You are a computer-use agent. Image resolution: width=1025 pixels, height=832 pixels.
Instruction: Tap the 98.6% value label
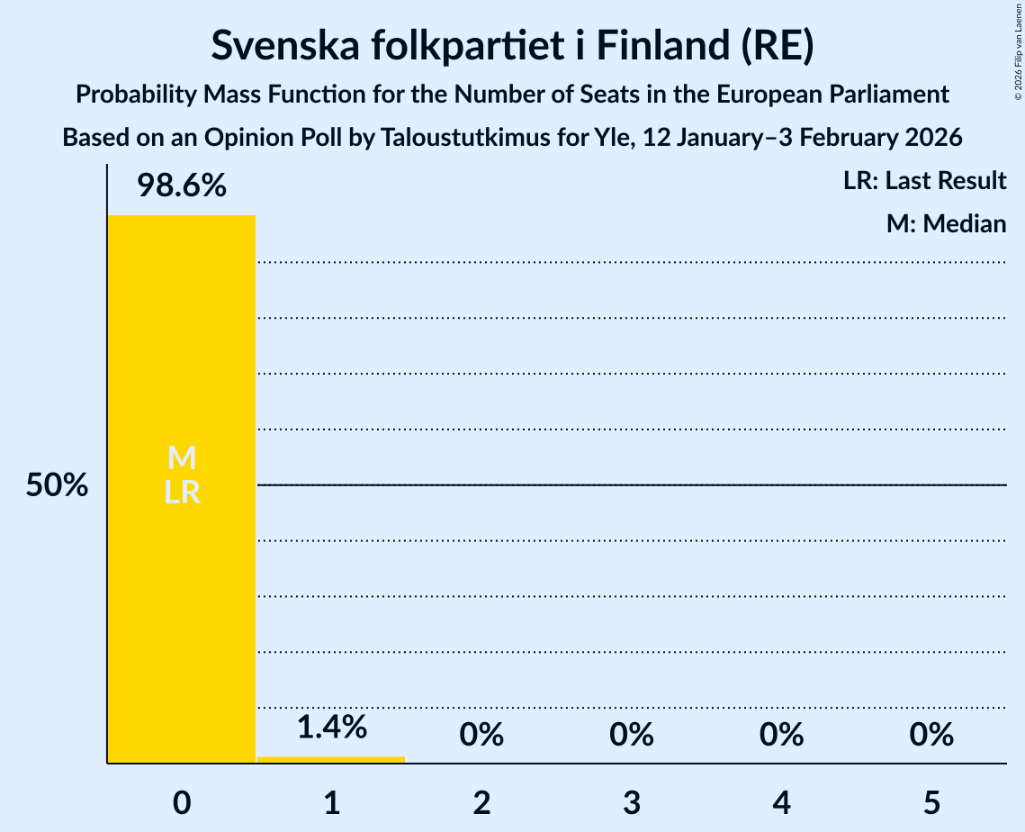(x=181, y=186)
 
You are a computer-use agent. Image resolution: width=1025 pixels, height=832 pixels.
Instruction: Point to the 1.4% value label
(x=331, y=726)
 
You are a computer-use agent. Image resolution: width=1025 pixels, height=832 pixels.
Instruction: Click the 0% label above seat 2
(x=481, y=735)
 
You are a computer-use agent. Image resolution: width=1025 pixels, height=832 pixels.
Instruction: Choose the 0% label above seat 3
(x=631, y=735)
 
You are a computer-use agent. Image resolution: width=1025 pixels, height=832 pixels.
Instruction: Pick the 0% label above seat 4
(x=781, y=735)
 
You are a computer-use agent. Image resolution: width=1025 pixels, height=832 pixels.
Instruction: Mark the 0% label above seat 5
(x=931, y=735)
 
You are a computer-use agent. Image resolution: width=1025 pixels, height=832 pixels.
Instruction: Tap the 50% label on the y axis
(x=57, y=486)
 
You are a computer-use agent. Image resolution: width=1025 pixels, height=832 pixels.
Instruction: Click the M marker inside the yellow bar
(x=182, y=458)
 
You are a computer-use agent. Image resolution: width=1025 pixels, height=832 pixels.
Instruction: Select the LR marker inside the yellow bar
(x=182, y=493)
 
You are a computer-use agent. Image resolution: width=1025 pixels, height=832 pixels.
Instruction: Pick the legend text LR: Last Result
(x=924, y=181)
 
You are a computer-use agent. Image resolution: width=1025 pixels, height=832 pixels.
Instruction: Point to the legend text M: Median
(x=946, y=223)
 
